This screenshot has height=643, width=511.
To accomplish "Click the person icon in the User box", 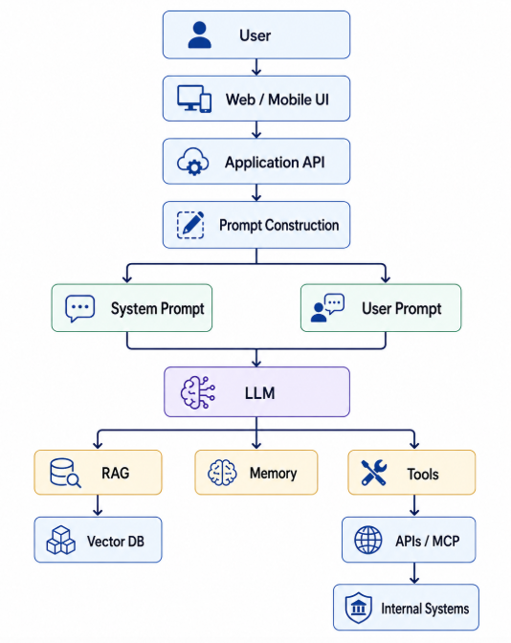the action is coord(199,35).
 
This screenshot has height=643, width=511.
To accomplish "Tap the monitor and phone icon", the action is coord(194,99).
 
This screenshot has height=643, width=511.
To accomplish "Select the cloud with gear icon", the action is coord(192,162).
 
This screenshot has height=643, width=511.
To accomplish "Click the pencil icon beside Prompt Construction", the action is coord(190,225).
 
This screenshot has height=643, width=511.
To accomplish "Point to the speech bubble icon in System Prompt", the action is coord(80,308).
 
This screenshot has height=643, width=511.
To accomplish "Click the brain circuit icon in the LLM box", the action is coord(198,393).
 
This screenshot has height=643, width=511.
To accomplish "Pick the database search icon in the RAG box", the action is coord(65,473).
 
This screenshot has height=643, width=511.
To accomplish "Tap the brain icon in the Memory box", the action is coord(222,473).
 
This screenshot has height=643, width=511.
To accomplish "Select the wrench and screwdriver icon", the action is coord(373,473).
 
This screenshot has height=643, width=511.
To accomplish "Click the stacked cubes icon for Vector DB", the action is coord(60,540).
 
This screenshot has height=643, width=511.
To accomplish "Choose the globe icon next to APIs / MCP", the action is coord(367,540).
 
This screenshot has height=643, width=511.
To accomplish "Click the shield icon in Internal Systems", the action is coord(359,608).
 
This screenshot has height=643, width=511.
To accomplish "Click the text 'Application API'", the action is coord(275,163).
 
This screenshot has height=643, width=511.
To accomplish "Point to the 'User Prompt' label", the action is coord(402,308).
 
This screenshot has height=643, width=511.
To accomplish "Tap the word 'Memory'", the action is coord(273,474).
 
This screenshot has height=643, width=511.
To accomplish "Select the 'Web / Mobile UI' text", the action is coord(278,100).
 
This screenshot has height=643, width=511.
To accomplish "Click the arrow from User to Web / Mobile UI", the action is coord(256,67).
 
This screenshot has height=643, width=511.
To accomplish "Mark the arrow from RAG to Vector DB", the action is coord(98,505).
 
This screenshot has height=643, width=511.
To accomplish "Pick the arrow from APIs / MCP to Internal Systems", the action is coord(414,573).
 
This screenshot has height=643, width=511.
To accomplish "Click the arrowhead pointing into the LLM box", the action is coord(256,363).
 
